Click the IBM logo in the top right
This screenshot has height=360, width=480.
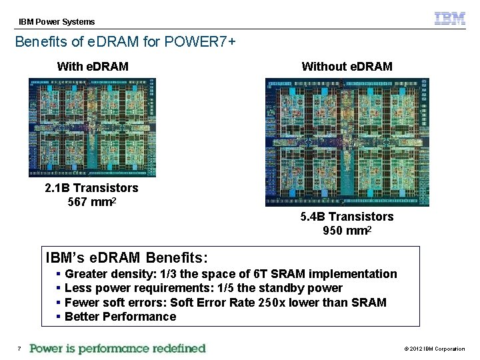[x=450, y=19]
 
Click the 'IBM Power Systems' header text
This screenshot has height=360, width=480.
[x=57, y=22]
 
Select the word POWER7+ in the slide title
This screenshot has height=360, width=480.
[x=204, y=41]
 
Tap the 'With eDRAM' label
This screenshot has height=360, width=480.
[x=93, y=66]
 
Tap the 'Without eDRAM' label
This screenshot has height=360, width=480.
[x=347, y=66]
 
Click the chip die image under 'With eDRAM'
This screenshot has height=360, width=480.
[x=92, y=127]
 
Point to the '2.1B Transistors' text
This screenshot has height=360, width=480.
[x=91, y=188]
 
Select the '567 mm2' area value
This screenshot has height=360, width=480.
[x=91, y=202]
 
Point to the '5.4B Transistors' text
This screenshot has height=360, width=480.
[x=347, y=217]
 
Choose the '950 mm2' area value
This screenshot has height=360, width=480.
[x=347, y=231]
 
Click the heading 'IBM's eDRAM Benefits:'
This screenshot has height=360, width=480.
[x=127, y=257]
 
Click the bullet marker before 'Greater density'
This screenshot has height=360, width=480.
[x=59, y=274]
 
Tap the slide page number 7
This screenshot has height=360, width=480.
[x=19, y=349]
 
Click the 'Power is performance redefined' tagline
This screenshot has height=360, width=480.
[x=118, y=348]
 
